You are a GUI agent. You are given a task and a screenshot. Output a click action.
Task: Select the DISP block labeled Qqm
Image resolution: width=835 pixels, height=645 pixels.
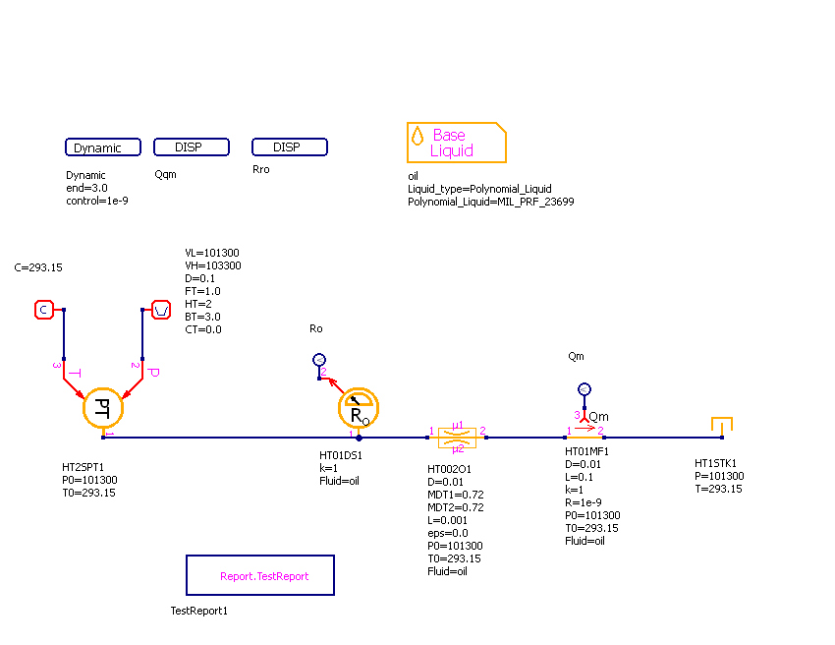click(192, 147)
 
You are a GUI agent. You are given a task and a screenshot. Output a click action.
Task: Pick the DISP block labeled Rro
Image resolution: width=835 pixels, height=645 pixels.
click(290, 147)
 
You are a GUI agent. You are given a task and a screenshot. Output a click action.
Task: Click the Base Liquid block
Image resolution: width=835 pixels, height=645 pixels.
click(456, 143)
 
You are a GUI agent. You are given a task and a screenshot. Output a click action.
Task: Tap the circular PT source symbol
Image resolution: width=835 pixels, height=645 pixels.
click(101, 407)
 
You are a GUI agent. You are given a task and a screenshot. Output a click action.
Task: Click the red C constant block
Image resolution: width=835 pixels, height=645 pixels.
click(43, 311)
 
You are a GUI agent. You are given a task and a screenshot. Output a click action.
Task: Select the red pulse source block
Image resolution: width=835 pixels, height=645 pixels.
click(161, 311)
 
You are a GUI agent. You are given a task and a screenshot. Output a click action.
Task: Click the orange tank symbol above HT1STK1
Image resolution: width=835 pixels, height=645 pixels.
click(722, 426)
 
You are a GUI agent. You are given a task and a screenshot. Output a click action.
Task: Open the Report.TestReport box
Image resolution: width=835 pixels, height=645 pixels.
click(260, 575)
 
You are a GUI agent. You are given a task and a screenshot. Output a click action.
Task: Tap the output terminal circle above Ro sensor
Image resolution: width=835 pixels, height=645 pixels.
click(318, 360)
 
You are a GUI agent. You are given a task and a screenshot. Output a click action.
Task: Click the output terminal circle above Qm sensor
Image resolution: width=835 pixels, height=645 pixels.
click(584, 389)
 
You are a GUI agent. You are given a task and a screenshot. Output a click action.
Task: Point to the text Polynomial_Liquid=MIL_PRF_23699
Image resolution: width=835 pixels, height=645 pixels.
click(490, 202)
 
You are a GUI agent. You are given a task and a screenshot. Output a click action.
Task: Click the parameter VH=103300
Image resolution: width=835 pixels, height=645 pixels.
click(212, 265)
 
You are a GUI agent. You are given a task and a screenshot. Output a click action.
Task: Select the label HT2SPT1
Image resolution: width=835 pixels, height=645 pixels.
click(83, 468)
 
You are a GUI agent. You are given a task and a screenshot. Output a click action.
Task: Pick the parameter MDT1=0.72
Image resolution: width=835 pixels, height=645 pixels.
click(456, 495)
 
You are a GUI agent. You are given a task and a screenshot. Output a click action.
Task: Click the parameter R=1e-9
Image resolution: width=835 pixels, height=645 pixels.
click(584, 502)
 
